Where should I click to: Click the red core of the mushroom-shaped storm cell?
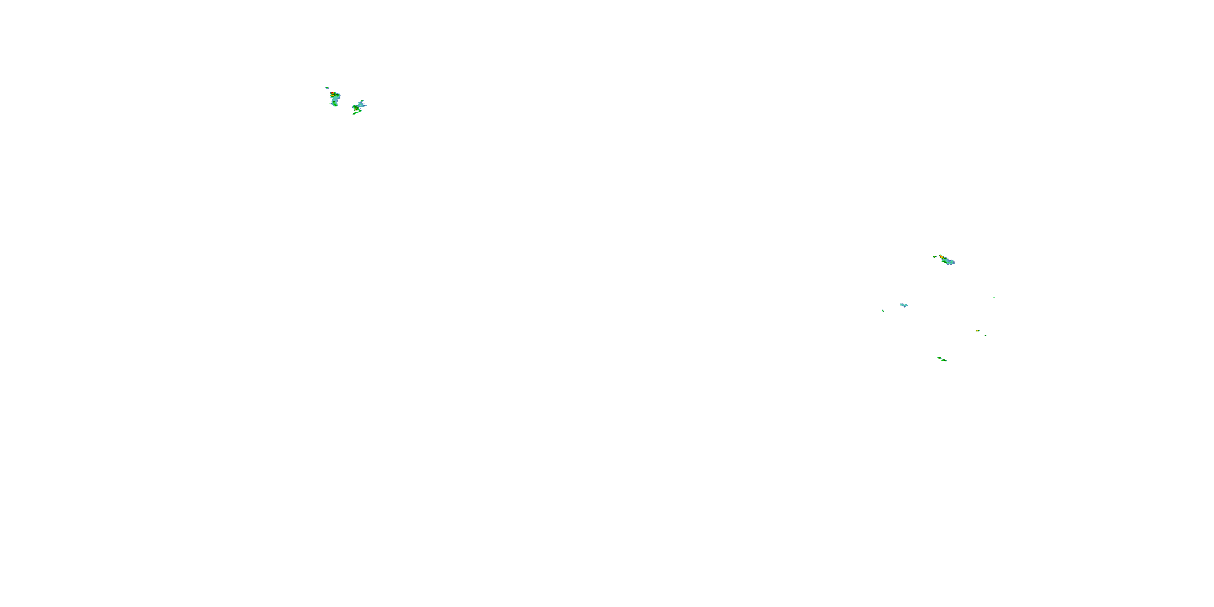pyautogui.click(x=333, y=93)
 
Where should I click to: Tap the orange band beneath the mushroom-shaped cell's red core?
pyautogui.click(x=333, y=96)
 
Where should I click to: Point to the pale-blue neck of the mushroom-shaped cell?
pyautogui.click(x=336, y=100)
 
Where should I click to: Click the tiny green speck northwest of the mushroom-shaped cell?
pyautogui.click(x=327, y=88)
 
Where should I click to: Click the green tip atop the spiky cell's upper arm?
pyautogui.click(x=362, y=101)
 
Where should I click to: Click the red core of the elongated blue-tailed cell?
pyautogui.click(x=941, y=257)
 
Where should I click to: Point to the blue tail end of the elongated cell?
pyautogui.click(x=953, y=263)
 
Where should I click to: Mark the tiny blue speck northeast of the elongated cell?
pyautogui.click(x=960, y=246)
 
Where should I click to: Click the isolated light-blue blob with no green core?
pyautogui.click(x=904, y=306)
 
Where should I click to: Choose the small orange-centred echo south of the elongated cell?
pyautogui.click(x=978, y=331)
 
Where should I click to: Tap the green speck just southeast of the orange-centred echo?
pyautogui.click(x=986, y=335)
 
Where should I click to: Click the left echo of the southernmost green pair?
pyautogui.click(x=940, y=358)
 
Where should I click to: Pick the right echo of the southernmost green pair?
pyautogui.click(x=944, y=361)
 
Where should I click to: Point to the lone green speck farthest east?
pyautogui.click(x=994, y=298)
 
